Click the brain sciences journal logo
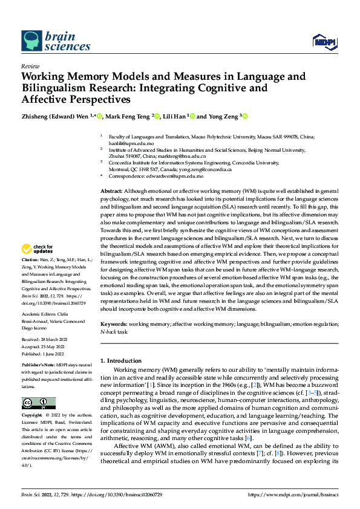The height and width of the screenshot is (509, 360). point(47,41)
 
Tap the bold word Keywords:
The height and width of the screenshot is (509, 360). point(114,325)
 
